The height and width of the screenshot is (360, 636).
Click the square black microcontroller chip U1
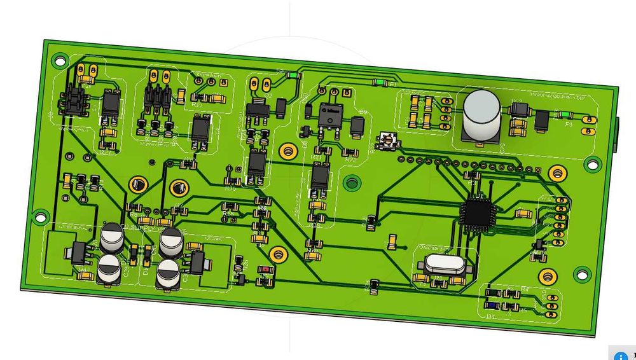coord(476,213)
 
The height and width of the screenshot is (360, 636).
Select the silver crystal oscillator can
coord(440,263)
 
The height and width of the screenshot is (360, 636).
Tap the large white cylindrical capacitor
coord(480,114)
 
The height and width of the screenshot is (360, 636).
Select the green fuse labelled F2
coord(293,74)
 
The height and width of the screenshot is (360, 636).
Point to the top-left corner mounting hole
coord(59,59)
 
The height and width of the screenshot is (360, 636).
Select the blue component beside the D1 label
coord(492,304)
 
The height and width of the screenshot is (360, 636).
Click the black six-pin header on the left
coord(74,102)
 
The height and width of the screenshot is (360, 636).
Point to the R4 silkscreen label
coord(525,289)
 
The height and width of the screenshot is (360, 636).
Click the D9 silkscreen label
coord(363,112)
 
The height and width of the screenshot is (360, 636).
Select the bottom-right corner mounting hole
coord(581,274)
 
